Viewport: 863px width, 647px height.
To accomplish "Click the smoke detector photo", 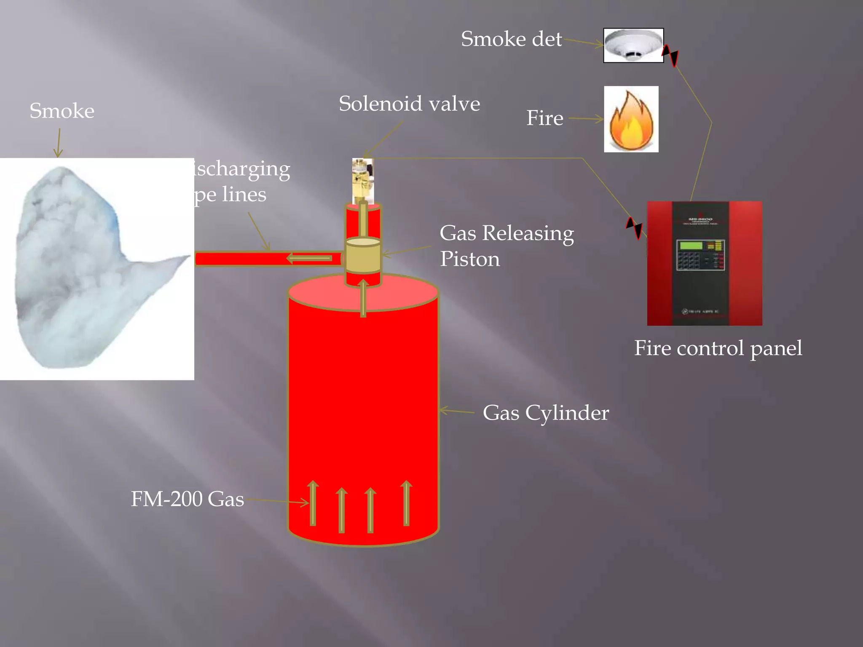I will pos(633,45).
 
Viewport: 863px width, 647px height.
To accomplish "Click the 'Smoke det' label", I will pos(511,39).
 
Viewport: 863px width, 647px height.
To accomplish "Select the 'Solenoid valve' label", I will pos(409,104).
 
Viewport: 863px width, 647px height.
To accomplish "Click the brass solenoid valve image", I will pos(363,180).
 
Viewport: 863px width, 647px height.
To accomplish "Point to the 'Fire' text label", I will pos(544,118).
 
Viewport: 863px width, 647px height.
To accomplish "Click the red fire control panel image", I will pos(704,263).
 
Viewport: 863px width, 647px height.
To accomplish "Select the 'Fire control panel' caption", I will pos(718,348).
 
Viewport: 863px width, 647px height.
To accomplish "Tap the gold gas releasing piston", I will pos(363,255).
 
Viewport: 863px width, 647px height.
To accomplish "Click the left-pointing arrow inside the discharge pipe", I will pos(310,258).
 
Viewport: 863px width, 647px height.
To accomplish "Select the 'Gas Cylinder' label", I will pos(545,413).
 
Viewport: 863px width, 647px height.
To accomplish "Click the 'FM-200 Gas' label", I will pos(187,499).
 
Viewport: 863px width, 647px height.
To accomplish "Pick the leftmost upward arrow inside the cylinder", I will pos(313,503).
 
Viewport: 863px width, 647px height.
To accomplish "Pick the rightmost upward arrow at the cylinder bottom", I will pos(406,503).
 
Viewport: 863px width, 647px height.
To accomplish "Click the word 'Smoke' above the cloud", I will pos(62,111).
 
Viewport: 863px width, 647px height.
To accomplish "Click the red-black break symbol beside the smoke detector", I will pos(670,55).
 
